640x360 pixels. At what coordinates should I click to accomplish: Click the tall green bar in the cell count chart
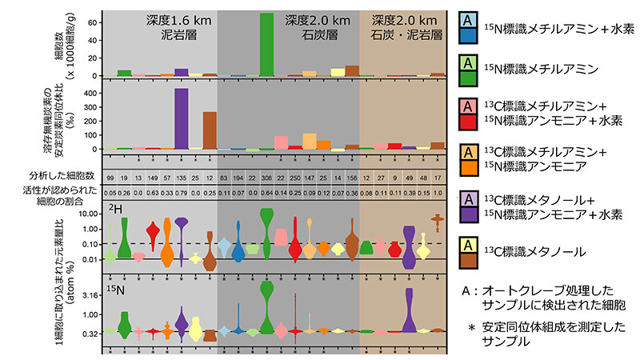click(266, 44)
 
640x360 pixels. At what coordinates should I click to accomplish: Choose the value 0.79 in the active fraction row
click(181, 193)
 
